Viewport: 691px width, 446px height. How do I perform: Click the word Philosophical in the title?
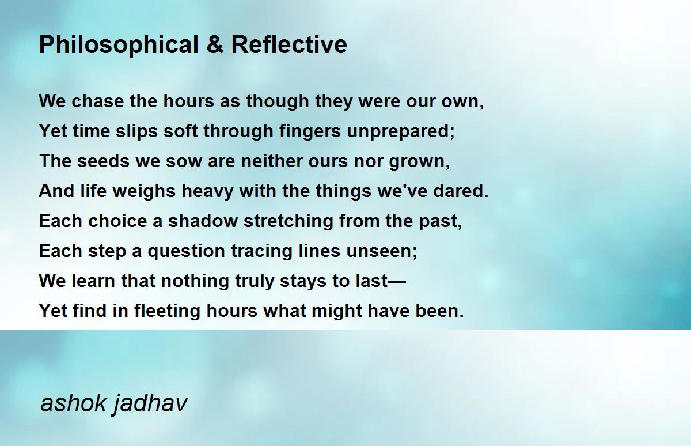[x=119, y=46]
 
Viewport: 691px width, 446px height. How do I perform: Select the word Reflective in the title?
[x=289, y=44]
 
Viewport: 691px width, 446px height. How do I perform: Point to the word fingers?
[x=310, y=131]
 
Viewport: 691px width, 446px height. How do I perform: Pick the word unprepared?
[x=401, y=132]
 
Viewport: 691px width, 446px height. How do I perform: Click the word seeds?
[x=103, y=161]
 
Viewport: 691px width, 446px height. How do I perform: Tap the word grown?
[x=420, y=162]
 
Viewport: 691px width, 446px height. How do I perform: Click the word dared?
[x=461, y=191]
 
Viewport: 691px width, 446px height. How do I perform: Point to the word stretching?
[x=288, y=222]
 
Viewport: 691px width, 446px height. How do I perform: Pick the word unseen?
[x=382, y=251]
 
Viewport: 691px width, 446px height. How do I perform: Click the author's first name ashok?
[x=74, y=403]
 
